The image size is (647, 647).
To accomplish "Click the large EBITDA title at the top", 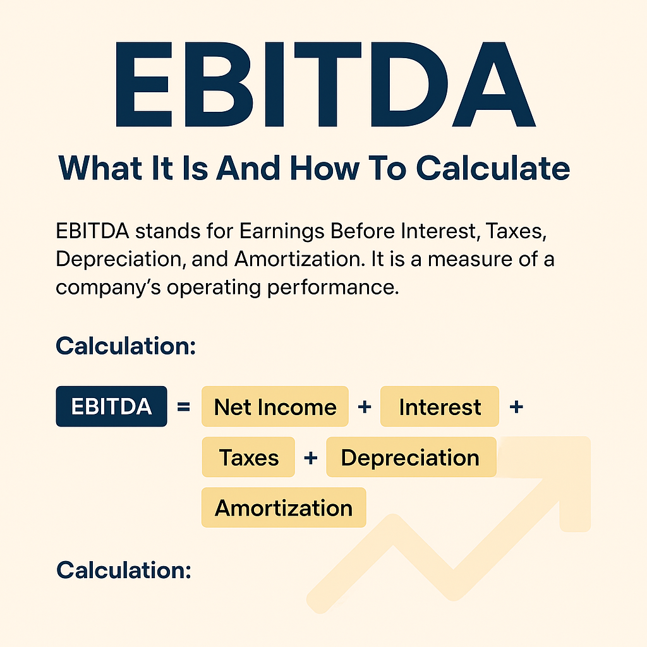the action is (x=325, y=84).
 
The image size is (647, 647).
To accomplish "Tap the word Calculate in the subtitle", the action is (x=493, y=168).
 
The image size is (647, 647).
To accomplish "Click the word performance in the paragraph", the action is (x=333, y=288).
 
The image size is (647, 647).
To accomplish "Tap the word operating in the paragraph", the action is (x=214, y=288).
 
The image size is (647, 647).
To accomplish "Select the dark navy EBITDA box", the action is (x=111, y=406).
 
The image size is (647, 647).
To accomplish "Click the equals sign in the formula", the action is (x=184, y=407).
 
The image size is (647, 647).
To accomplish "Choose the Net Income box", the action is (x=275, y=406).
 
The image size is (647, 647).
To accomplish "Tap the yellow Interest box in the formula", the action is (x=440, y=406).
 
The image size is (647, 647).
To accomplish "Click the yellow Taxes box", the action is (x=248, y=457).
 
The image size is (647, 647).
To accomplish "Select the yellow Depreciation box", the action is (x=411, y=457).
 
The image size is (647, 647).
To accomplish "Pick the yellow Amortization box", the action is (x=284, y=507).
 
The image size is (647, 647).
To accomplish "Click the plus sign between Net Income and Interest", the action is (x=365, y=408).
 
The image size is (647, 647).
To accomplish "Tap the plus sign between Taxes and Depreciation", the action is (x=311, y=457).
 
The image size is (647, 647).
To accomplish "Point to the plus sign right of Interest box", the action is (x=516, y=408).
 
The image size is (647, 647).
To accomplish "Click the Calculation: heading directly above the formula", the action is (x=126, y=346).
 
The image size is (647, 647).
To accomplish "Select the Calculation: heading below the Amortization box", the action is (x=124, y=571).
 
